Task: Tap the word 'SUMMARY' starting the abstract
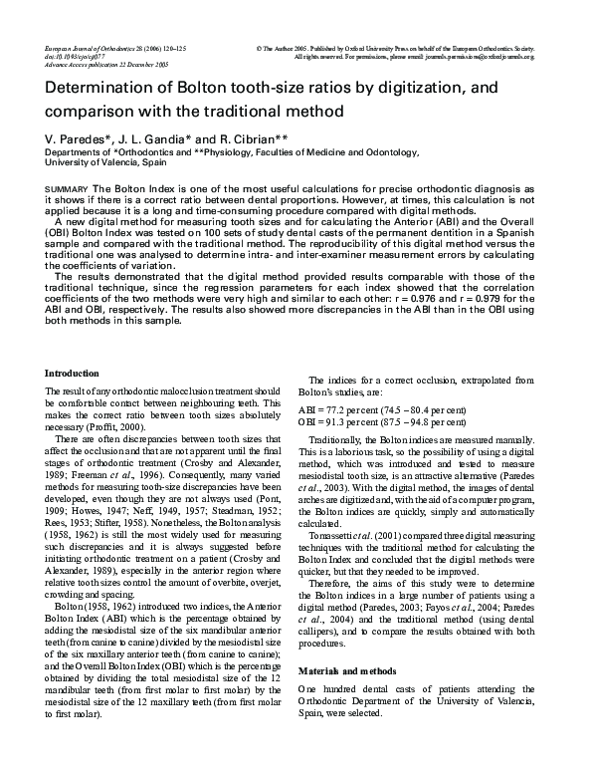click(68, 188)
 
